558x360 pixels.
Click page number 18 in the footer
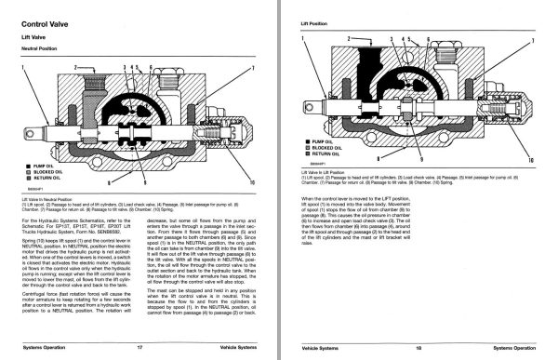point(419,345)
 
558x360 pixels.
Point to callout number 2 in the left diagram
point(74,68)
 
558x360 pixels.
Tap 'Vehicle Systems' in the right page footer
point(316,345)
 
